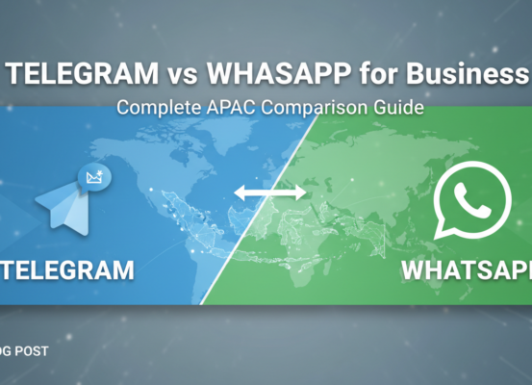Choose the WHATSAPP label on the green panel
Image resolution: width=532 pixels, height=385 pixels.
466,270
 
